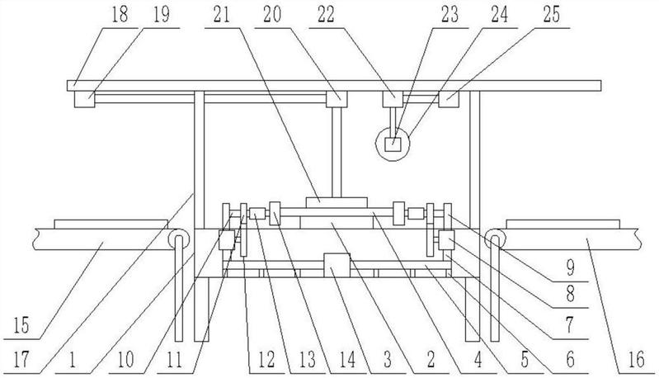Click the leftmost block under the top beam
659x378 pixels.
84,99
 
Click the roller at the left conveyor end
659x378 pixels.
177,239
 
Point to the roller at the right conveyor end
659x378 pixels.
495,239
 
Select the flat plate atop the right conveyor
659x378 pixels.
561,223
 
